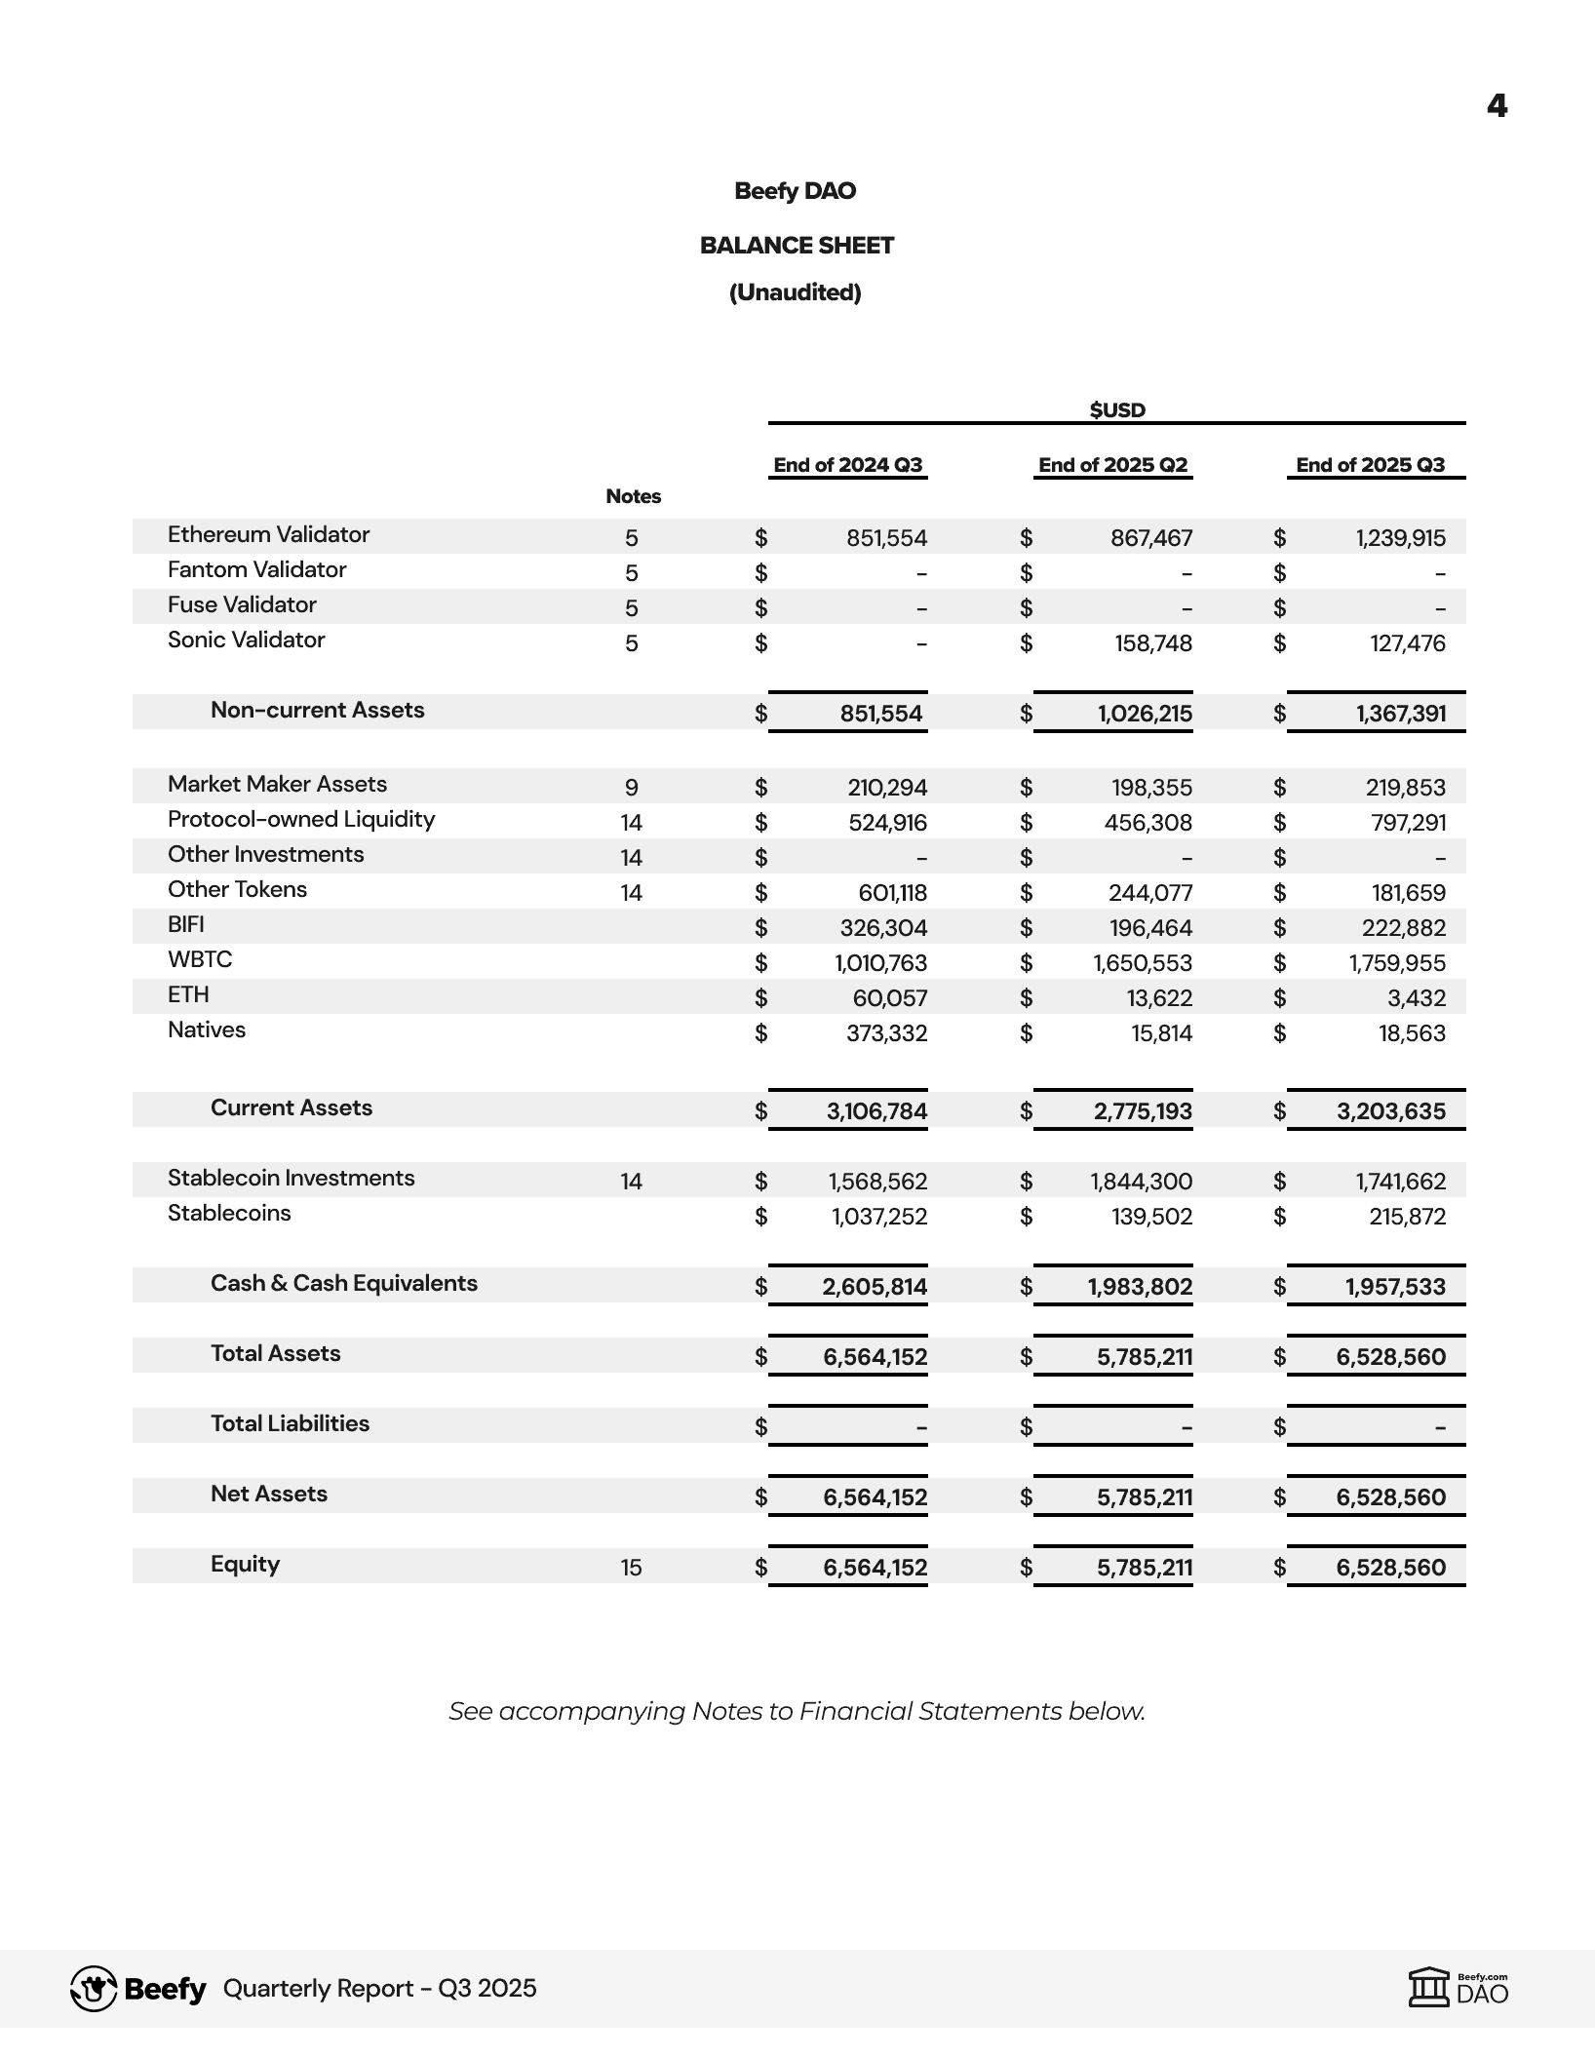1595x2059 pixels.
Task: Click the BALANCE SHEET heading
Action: click(797, 246)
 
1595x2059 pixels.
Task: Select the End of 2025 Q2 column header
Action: click(1112, 465)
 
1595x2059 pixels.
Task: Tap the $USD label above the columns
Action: click(1117, 409)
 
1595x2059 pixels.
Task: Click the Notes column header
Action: click(633, 496)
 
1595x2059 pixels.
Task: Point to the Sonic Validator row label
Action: click(246, 640)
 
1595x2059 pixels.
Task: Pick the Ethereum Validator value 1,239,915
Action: click(1400, 538)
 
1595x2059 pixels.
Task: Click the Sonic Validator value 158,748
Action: click(1153, 643)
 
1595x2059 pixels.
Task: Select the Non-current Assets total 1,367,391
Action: click(1400, 714)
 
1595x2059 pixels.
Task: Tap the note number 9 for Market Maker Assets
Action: click(631, 788)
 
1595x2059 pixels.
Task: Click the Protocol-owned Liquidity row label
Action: click(301, 819)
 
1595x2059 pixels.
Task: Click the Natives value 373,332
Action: click(886, 1033)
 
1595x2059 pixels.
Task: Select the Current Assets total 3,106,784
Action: click(876, 1111)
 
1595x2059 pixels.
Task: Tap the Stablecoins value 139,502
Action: click(1151, 1217)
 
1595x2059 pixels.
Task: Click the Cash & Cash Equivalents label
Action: click(343, 1283)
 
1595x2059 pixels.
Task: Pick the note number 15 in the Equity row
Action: click(631, 1568)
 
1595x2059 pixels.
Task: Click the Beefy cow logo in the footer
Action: click(94, 1989)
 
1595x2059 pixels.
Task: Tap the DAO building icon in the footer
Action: click(1429, 1989)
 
